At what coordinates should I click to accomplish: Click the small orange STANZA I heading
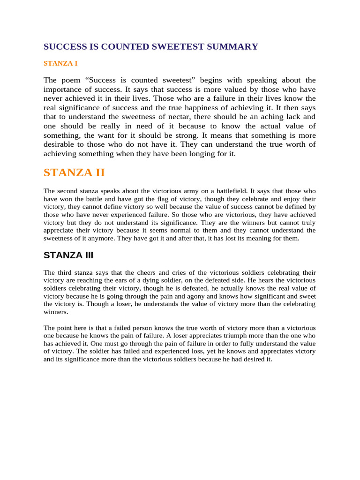pos(60,62)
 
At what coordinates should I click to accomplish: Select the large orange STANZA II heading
pos(74,172)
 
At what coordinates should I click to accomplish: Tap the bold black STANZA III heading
pos(68,255)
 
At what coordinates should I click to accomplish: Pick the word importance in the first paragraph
pos(63,89)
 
